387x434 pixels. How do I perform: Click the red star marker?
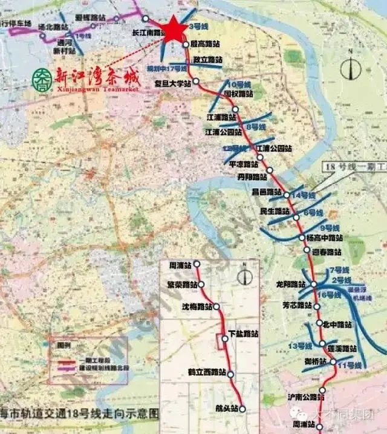click(174, 29)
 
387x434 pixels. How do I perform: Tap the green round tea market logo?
click(41, 77)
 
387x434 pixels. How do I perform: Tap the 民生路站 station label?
click(275, 211)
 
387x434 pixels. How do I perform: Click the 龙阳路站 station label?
click(290, 284)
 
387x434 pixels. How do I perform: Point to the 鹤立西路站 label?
click(206, 372)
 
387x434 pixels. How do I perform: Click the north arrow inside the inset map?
click(244, 275)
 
